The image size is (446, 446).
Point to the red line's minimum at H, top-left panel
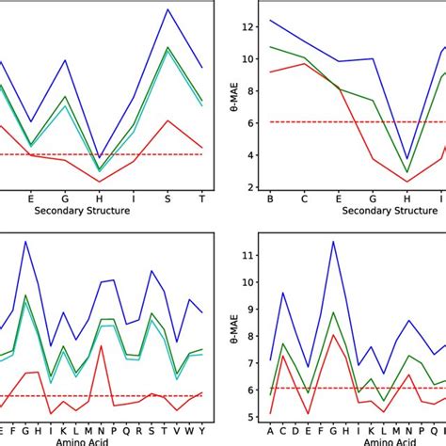99,182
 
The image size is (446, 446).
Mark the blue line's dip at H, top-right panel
406,159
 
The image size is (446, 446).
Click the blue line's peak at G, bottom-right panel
333,241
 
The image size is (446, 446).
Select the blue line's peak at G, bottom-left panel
25,242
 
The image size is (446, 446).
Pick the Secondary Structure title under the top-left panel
82,212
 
